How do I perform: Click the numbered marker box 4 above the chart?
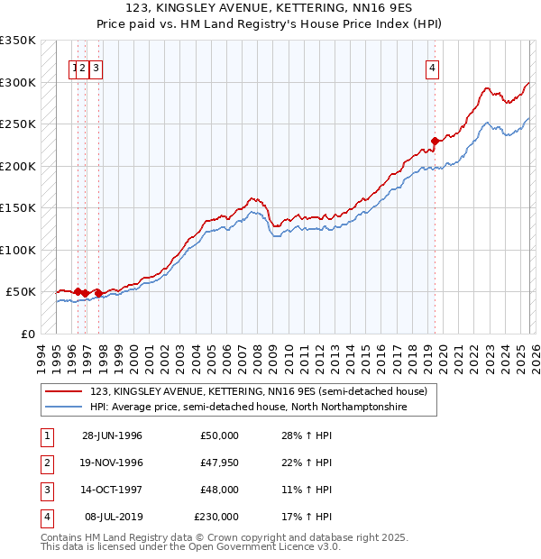pos(433,67)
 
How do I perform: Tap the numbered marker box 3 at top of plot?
pos(96,67)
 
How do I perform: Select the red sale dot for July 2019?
pos(435,141)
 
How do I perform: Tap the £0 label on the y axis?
pos(27,334)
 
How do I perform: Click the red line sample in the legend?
pos(65,391)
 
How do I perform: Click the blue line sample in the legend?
pos(65,408)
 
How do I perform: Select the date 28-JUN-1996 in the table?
pos(112,435)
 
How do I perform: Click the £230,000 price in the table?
pos(215,517)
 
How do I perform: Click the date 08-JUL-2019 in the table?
pos(114,517)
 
